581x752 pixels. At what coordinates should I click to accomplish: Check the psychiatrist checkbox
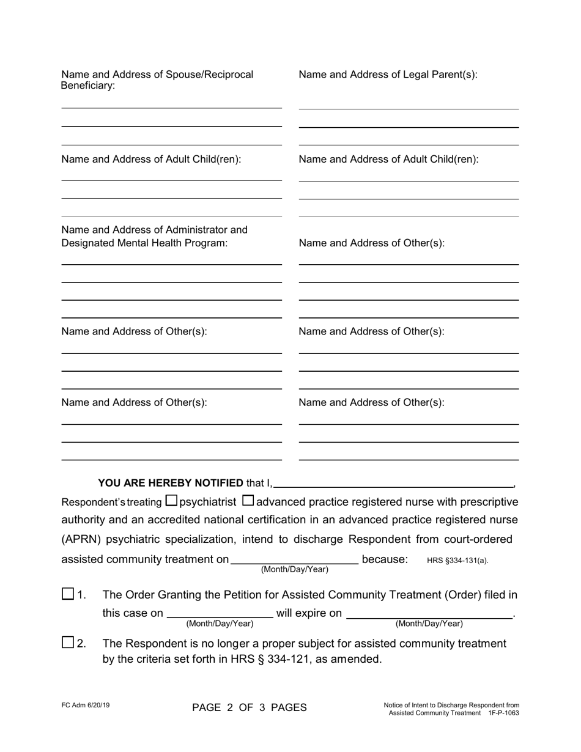(x=172, y=501)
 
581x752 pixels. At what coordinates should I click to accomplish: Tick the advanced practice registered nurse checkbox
(x=248, y=501)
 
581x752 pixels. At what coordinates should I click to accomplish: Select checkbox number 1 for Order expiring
(x=68, y=594)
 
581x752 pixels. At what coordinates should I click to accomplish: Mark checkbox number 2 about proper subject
(x=68, y=643)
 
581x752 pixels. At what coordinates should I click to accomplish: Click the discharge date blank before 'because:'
(x=295, y=558)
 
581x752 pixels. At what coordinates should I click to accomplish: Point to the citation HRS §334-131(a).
(x=457, y=560)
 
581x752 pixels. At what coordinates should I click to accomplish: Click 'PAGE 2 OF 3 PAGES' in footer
(x=250, y=708)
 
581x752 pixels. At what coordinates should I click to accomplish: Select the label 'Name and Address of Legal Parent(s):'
(x=388, y=75)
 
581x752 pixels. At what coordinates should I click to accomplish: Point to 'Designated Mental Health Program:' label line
(x=144, y=243)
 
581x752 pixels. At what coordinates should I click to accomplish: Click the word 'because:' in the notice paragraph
(x=385, y=559)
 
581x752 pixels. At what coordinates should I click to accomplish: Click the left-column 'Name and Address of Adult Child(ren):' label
(x=151, y=159)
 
